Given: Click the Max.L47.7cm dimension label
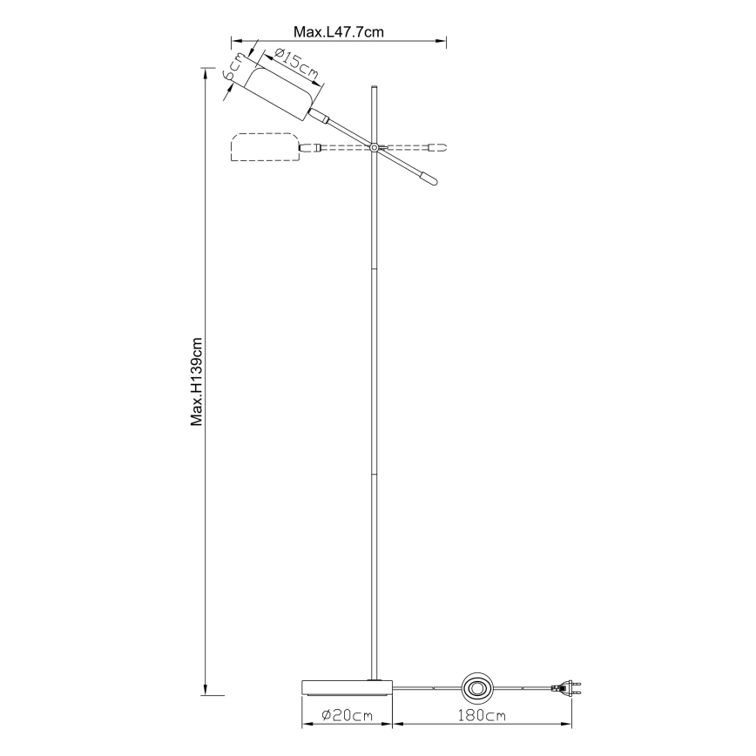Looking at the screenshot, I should pos(339,32).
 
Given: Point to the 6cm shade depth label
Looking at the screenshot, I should pos(234,69).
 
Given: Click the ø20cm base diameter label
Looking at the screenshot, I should pos(347,715).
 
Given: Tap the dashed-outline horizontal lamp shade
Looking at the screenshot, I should pos(263,148).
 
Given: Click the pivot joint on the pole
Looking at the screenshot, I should pos(375,148).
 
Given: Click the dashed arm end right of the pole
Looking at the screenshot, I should pos(440,147).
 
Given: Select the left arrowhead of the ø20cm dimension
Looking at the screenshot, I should pos(305,724).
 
